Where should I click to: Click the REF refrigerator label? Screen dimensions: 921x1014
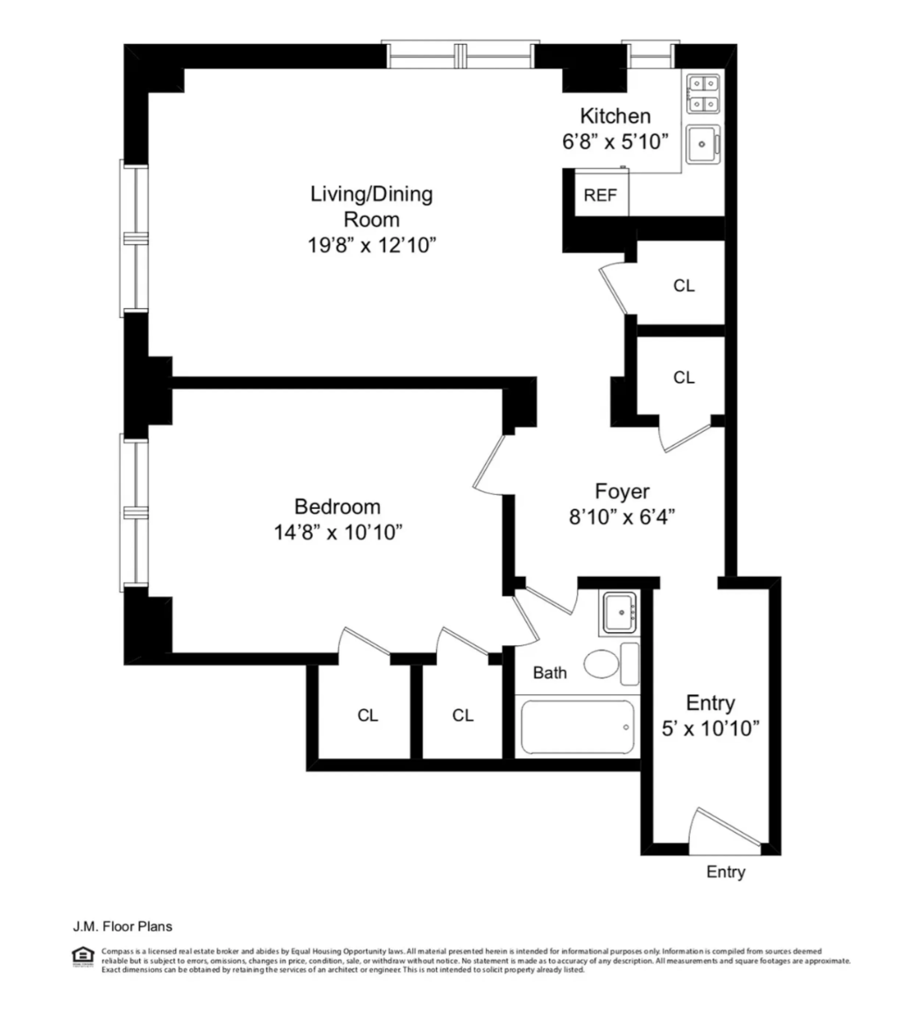601,195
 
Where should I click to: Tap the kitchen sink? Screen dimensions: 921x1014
703,144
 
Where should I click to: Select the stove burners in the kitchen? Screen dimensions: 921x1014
703,95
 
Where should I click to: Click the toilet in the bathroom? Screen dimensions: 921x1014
611,664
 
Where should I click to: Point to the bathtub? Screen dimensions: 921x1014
577,727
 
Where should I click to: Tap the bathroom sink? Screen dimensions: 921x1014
622,612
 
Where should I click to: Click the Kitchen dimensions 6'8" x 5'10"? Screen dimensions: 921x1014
615,142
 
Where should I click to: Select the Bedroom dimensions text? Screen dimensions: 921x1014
338,532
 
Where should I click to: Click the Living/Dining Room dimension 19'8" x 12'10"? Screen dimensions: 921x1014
372,245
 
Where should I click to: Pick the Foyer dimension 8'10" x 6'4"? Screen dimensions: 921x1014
622,517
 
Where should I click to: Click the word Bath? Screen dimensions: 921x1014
550,672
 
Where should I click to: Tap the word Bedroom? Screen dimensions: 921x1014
337,506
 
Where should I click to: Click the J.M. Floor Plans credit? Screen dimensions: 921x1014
123,926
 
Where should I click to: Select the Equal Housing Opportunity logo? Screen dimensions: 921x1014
83,956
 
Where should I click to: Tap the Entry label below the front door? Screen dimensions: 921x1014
726,872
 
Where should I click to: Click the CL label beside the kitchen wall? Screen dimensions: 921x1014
684,285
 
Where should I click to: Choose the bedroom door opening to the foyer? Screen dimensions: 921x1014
489,463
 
